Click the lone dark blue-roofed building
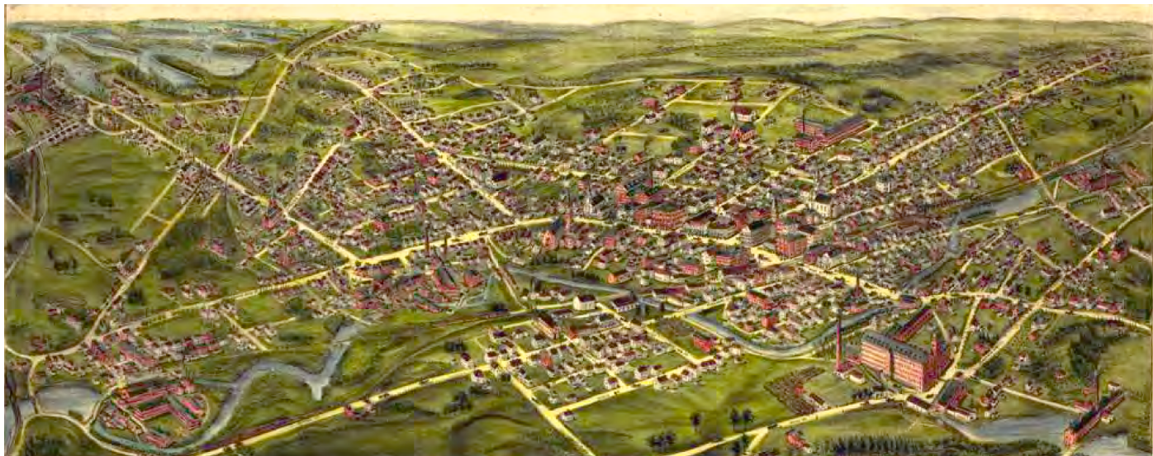501,175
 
